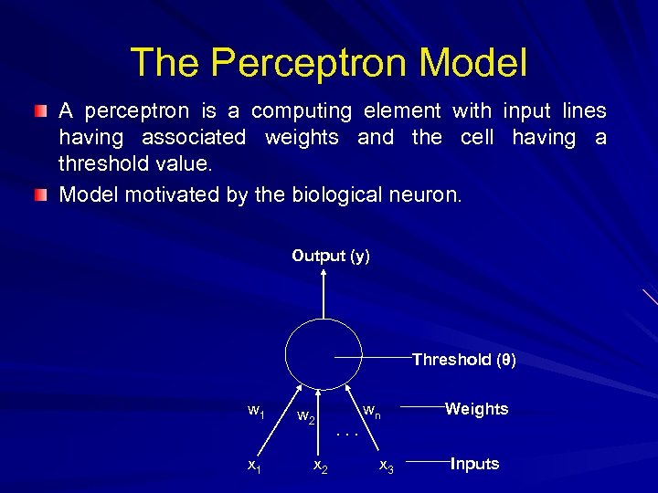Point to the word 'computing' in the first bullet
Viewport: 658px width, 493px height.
pos(302,111)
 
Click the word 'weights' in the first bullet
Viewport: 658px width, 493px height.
pos(302,138)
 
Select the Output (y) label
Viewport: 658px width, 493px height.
pos(331,257)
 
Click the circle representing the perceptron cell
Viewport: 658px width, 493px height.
pos(324,357)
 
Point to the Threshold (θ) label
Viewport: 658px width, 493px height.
pos(463,360)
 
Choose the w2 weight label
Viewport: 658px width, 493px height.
pos(308,418)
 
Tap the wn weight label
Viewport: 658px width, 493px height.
pos(372,412)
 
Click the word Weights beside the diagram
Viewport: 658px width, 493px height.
pos(476,409)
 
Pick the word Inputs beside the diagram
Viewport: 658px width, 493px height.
pos(474,464)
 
